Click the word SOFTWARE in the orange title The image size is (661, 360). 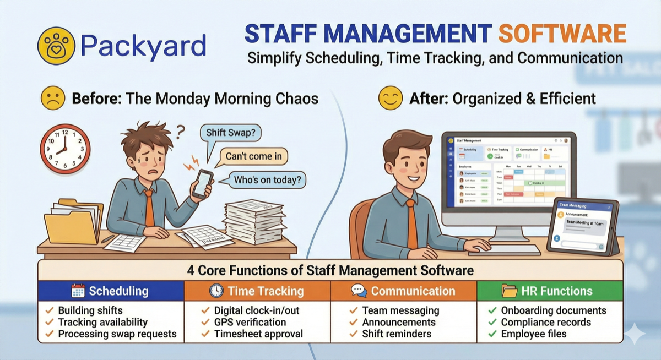562,34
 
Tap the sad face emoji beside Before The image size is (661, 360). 52,99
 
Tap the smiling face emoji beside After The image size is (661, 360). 390,99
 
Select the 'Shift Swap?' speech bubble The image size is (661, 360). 230,133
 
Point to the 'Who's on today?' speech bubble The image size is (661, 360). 270,179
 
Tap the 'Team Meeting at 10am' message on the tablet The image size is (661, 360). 584,223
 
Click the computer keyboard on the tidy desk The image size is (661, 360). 504,249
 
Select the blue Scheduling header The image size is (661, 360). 111,291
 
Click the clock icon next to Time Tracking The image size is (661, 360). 216,291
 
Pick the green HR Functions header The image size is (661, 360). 549,291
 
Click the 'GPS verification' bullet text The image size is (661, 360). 250,322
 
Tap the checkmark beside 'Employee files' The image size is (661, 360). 492,334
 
